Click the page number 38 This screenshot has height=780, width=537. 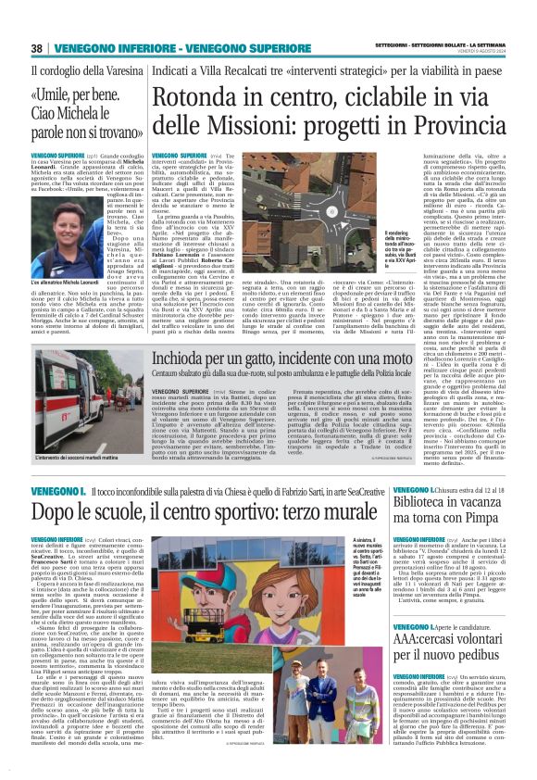click(38, 47)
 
